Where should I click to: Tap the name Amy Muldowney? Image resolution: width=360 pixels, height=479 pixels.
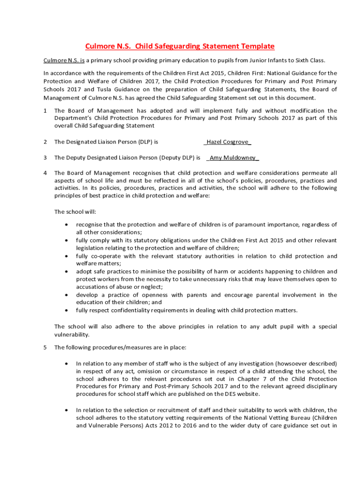234,158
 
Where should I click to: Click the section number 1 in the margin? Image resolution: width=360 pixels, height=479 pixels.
45,111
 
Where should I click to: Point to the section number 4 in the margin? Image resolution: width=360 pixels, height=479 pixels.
45,173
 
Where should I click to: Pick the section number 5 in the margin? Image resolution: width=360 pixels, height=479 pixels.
45,347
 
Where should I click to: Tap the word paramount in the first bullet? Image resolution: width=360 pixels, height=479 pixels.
263,225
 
